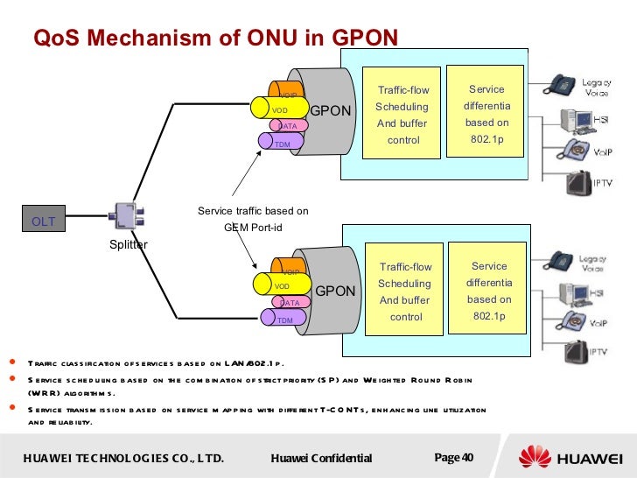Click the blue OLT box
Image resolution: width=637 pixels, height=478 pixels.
coord(44,221)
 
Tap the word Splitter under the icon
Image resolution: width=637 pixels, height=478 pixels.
coord(129,245)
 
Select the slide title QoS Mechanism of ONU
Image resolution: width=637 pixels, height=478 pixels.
coord(215,37)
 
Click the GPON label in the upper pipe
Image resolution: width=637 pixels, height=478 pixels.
coord(330,111)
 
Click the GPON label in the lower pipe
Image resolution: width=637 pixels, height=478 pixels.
coord(335,291)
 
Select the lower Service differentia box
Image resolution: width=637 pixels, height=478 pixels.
coord(488,290)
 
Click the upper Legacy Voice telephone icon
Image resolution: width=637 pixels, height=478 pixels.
coord(561,84)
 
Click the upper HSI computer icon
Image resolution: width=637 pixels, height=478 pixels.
coord(577,119)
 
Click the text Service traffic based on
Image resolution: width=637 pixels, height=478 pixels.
coord(252,211)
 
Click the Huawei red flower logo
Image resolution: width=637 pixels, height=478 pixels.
coord(535,457)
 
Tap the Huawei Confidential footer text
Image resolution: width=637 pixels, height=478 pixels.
coord(321,459)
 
